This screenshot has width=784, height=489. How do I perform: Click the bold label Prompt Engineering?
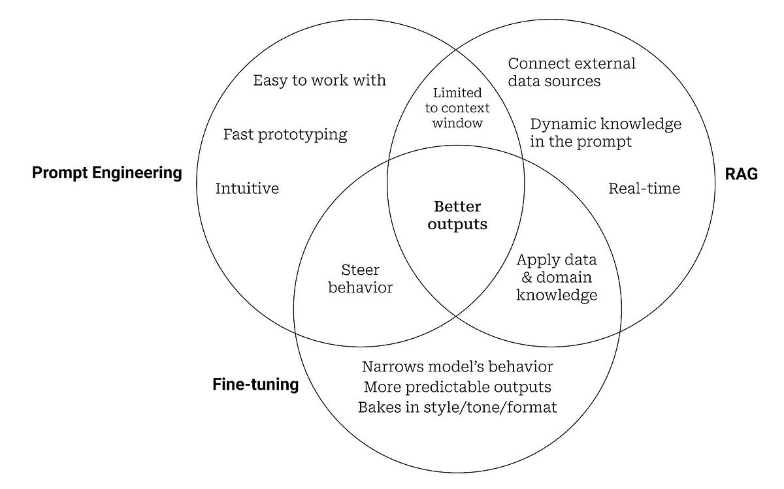coord(107,173)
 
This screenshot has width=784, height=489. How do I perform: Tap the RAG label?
coord(741,173)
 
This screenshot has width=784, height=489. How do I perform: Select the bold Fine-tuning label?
coord(255,385)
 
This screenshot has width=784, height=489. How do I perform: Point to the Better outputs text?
coord(457,215)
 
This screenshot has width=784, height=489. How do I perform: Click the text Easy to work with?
coord(319,80)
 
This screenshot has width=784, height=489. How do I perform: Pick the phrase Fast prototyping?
coord(285,134)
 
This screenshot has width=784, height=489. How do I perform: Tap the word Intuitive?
coord(247,189)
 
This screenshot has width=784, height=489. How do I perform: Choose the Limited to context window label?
coord(457,108)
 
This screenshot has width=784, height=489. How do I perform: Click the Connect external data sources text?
coord(571,72)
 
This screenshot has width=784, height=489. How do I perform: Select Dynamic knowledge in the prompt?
coord(605,133)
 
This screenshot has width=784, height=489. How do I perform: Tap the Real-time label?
coord(644,189)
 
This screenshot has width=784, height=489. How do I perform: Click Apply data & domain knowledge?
coord(557,277)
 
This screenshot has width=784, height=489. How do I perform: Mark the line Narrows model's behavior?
coord(457,366)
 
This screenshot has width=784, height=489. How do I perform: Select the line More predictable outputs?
coord(457,386)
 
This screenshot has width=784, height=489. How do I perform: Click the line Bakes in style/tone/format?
coord(457,407)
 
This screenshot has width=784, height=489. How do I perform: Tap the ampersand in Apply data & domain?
coord(523,277)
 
